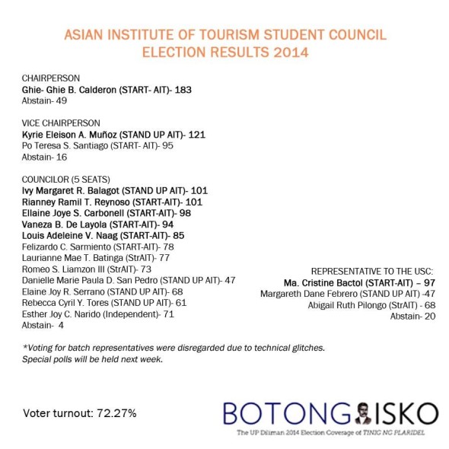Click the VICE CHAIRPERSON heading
pos(61,123)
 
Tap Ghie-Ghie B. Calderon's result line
pos(106,90)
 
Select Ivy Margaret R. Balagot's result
pos(114,190)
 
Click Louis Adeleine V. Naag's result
pos(103,235)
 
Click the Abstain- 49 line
pos(44,101)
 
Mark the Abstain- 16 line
pos(44,157)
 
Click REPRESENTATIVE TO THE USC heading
pos(372,271)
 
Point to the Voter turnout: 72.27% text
pos(80,413)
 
